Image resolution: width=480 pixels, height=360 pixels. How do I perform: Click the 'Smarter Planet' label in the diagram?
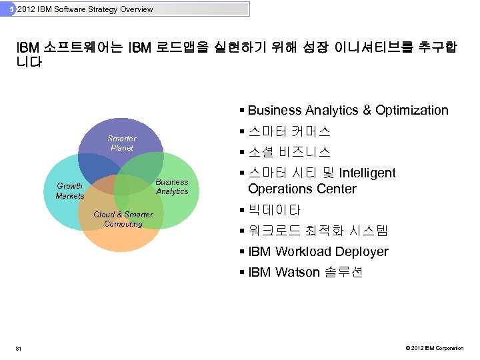[121, 143]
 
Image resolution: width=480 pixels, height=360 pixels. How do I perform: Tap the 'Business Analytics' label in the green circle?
[172, 187]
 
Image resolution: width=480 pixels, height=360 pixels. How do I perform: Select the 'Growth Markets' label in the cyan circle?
[70, 191]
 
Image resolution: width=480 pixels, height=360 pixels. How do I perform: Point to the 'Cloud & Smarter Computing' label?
[123, 219]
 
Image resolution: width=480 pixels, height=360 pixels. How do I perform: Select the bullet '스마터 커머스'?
[289, 131]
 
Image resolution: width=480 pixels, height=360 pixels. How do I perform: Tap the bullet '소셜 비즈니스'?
[289, 152]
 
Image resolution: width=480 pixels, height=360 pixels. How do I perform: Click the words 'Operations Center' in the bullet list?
[302, 189]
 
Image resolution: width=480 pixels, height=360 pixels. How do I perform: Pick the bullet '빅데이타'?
[274, 211]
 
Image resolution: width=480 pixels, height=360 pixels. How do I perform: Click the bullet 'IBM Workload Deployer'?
[318, 251]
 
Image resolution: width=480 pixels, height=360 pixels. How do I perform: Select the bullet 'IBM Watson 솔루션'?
[305, 272]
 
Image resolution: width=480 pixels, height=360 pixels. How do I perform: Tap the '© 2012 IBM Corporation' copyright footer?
[433, 347]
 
